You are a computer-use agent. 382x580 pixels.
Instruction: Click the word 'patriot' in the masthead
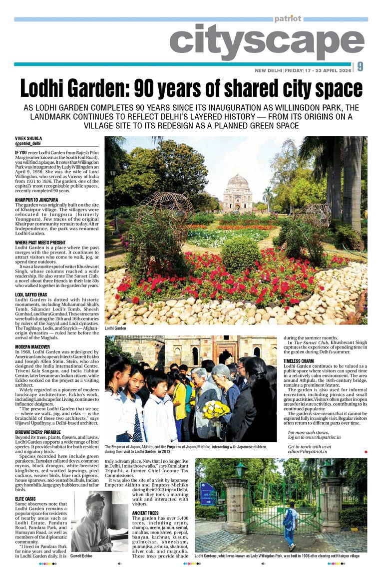click(x=288, y=18)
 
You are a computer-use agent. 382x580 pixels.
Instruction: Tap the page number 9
click(x=360, y=67)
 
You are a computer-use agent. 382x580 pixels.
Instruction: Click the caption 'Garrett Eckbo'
click(x=81, y=556)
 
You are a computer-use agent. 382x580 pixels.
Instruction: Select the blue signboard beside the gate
click(x=207, y=494)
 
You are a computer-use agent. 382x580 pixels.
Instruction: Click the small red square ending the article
click(x=366, y=451)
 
